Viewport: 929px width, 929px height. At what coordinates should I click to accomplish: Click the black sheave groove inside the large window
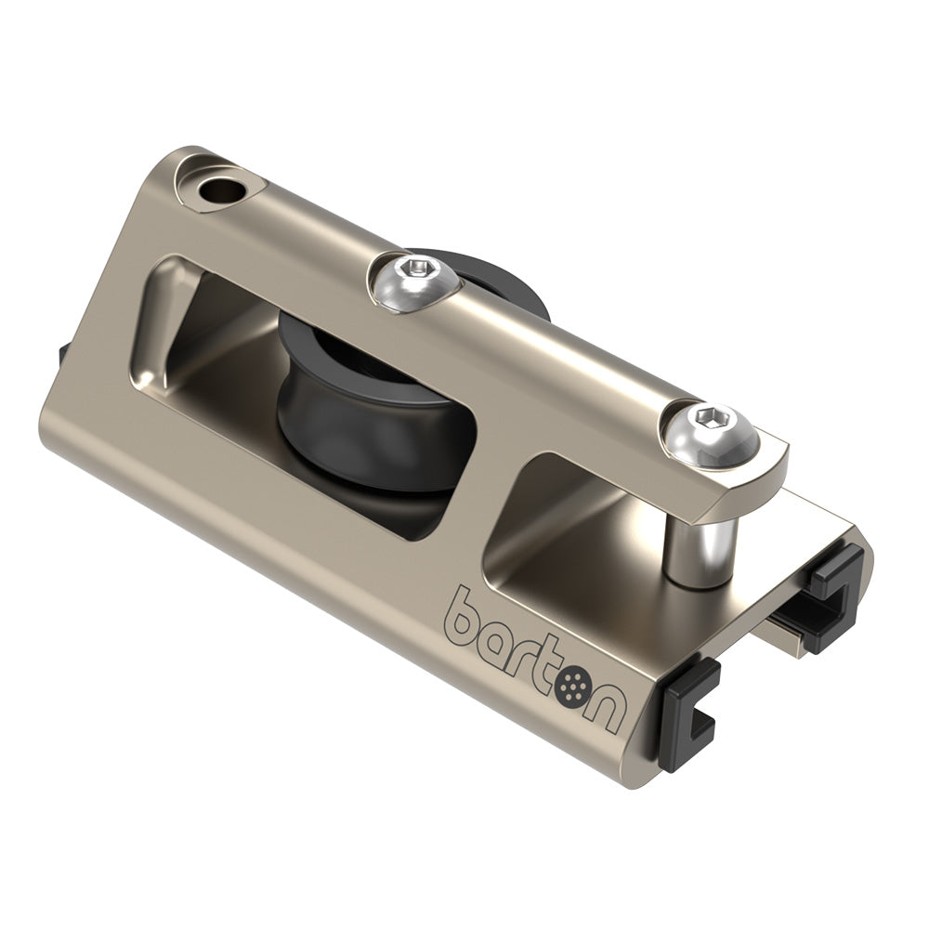point(372,399)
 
